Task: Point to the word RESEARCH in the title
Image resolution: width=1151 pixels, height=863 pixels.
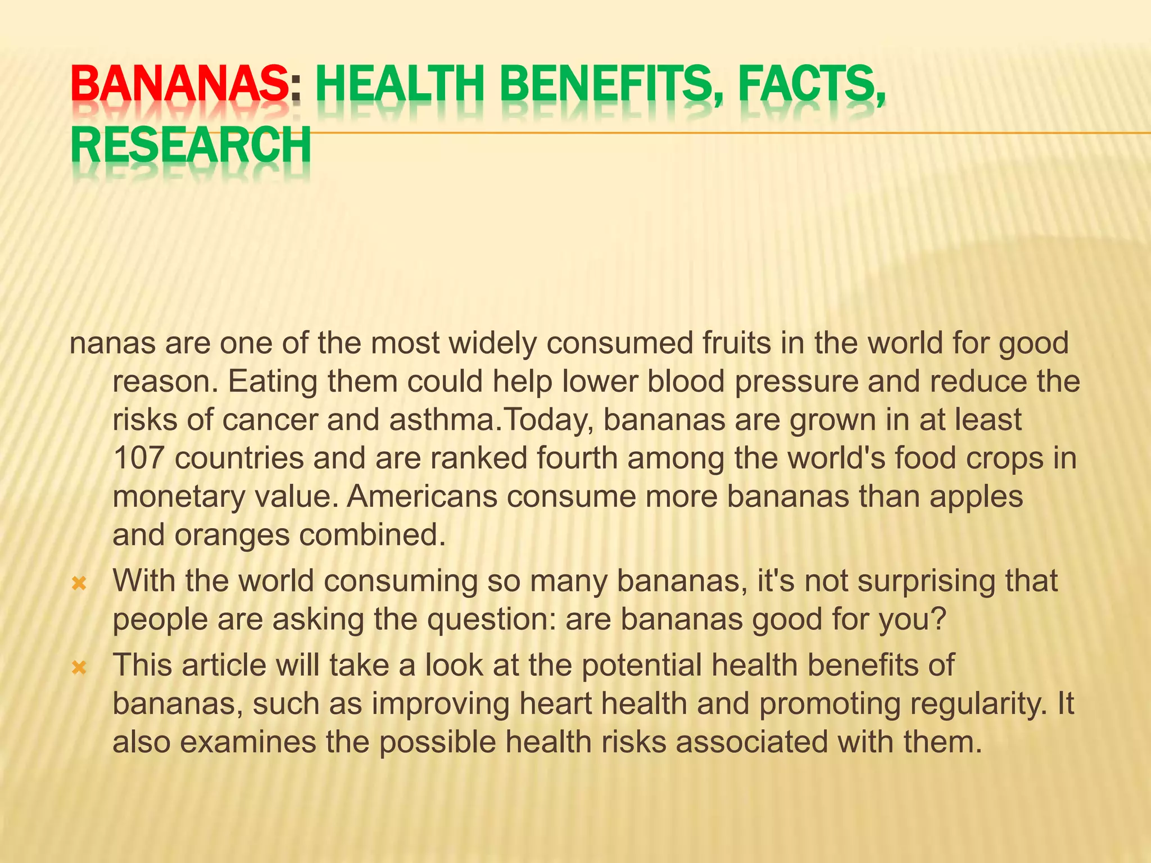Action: (191, 145)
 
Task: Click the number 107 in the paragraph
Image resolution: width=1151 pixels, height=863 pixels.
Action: (138, 458)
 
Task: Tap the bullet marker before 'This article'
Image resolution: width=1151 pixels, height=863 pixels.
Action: (79, 668)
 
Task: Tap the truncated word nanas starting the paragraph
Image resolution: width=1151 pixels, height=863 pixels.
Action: (112, 343)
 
